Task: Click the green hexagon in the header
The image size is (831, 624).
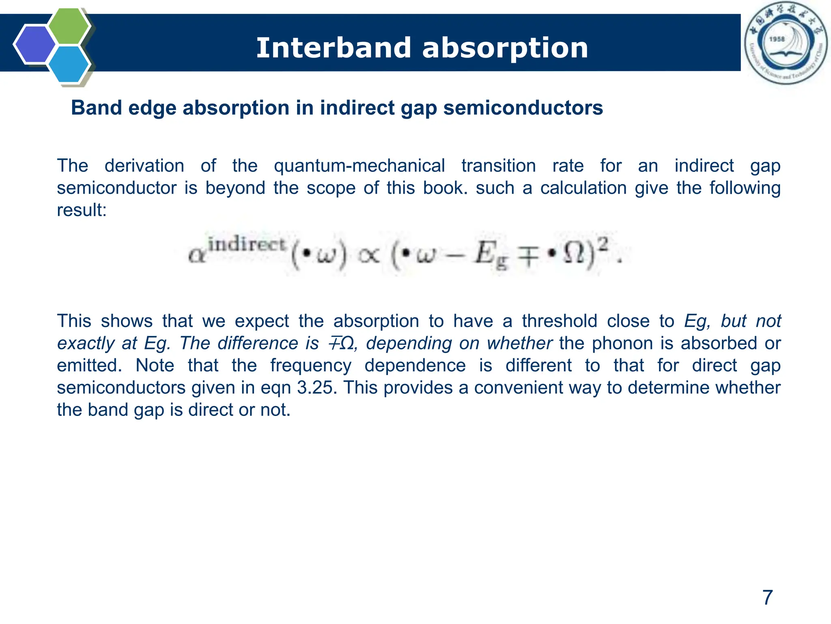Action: (69, 25)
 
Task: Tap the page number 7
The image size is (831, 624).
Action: (767, 598)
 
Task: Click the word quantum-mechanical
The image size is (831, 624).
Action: (359, 166)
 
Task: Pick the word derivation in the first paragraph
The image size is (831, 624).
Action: (144, 166)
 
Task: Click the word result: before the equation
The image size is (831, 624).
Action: (82, 210)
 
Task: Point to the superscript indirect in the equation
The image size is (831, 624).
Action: (247, 245)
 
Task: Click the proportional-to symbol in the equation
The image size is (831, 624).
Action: (369, 256)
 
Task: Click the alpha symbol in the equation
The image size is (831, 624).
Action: (197, 256)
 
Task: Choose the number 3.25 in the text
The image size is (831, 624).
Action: (317, 388)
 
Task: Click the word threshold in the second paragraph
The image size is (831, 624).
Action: (560, 321)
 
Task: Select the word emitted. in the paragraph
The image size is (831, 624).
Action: (89, 365)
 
